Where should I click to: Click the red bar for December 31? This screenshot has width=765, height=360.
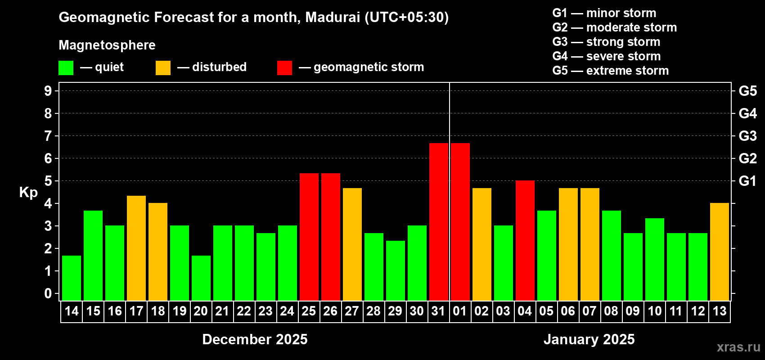tap(438, 221)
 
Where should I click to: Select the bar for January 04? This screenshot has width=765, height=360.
tap(525, 240)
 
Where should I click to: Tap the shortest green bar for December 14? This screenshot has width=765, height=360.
tap(72, 278)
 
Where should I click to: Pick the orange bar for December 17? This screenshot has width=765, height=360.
tap(136, 248)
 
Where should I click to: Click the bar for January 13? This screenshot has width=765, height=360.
tap(719, 252)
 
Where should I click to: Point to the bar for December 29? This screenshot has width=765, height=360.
tap(395, 270)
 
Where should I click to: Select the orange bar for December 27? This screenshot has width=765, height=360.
tap(352, 244)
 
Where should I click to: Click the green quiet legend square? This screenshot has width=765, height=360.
tap(66, 68)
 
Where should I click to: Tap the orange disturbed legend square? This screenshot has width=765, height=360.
tap(163, 68)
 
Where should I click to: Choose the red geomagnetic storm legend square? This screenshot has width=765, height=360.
tap(284, 68)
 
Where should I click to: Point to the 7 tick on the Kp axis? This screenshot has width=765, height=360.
tap(48, 136)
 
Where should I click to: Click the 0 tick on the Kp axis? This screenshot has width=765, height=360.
tap(48, 293)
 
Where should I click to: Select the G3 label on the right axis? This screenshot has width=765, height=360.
tap(747, 136)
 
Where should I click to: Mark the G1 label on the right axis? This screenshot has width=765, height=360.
tap(747, 181)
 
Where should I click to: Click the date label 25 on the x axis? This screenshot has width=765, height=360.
tap(309, 311)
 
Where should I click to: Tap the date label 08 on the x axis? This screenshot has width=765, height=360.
tap(611, 311)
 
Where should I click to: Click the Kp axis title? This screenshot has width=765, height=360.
tap(28, 192)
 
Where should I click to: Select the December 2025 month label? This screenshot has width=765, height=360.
tap(255, 339)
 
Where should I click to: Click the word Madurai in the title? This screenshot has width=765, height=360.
tap(333, 17)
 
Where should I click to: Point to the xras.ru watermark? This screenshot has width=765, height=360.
tap(738, 346)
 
